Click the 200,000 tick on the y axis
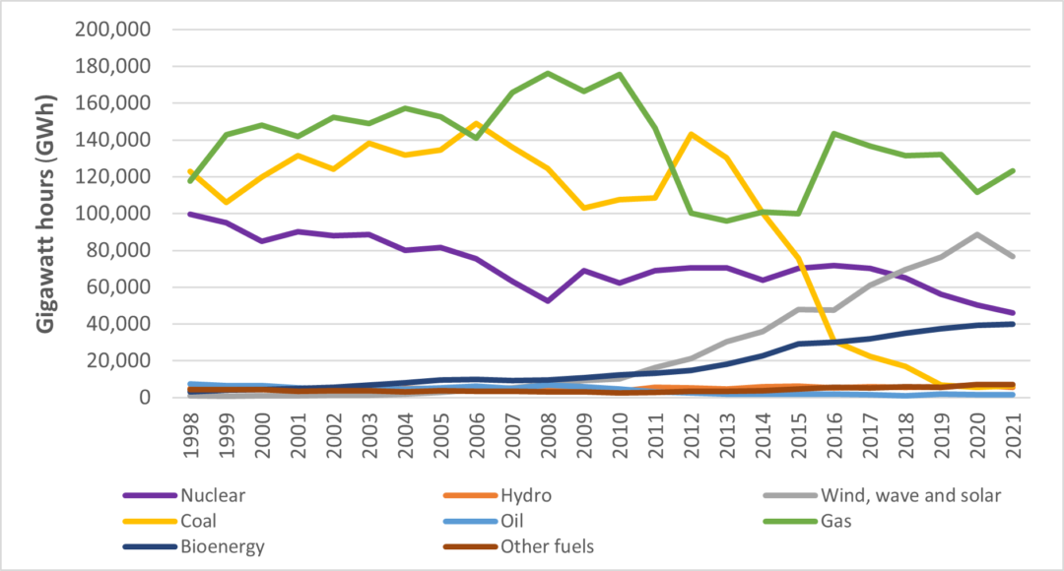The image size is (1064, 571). pyautogui.click(x=112, y=30)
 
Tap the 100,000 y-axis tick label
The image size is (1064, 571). pyautogui.click(x=112, y=214)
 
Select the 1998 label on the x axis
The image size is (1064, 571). pyautogui.click(x=189, y=431)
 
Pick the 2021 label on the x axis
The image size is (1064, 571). pyautogui.click(x=1015, y=431)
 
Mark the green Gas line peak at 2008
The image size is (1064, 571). pyautogui.click(x=548, y=73)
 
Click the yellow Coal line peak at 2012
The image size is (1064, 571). pyautogui.click(x=692, y=134)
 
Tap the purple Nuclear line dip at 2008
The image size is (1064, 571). pyautogui.click(x=548, y=300)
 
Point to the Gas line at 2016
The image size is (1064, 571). pyautogui.click(x=834, y=134)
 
